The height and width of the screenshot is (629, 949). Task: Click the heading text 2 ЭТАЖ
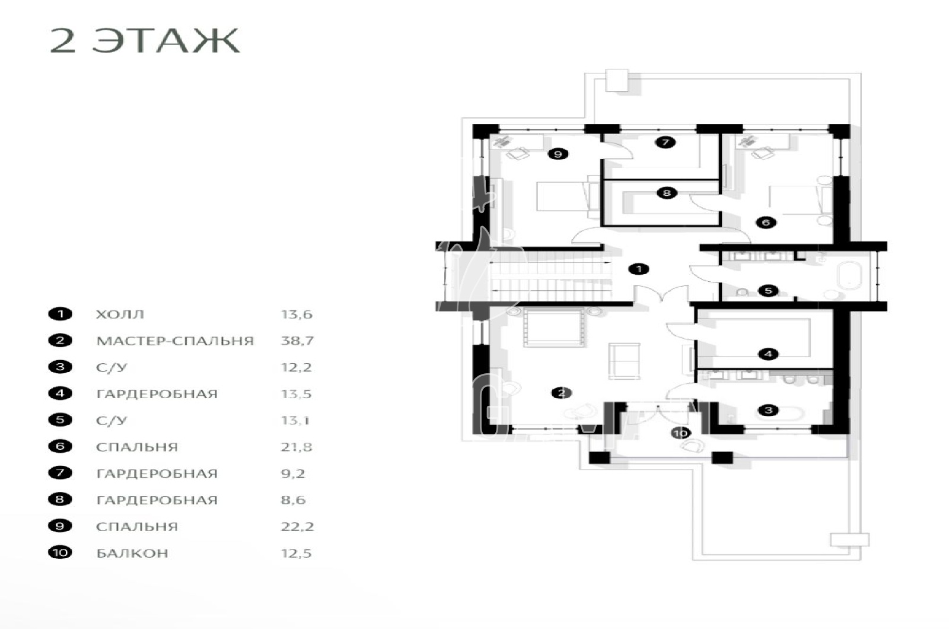click(x=145, y=41)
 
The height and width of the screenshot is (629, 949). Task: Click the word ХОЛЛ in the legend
click(x=120, y=314)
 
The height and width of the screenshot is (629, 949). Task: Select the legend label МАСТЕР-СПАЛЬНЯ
click(x=175, y=341)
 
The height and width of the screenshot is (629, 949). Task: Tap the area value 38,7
click(x=297, y=341)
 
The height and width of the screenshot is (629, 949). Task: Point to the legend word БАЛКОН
click(x=132, y=553)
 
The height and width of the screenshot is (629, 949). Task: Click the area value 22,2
click(x=297, y=526)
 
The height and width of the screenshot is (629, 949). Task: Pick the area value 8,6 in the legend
click(x=293, y=500)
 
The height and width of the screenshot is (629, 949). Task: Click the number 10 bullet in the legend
click(x=60, y=552)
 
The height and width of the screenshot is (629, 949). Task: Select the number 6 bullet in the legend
click(x=60, y=446)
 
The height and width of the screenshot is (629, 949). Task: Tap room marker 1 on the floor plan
click(x=639, y=269)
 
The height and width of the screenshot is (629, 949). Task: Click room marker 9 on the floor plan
click(x=558, y=154)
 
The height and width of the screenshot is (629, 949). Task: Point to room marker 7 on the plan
click(x=665, y=142)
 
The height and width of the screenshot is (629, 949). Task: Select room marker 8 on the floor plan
click(x=667, y=193)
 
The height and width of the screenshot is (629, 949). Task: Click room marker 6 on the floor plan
click(x=766, y=222)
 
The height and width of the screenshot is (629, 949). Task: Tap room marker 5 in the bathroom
click(x=768, y=291)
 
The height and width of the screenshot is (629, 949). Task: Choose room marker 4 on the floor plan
click(x=768, y=354)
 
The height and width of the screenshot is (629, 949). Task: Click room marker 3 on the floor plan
click(x=768, y=410)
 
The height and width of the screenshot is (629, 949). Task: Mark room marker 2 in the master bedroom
click(x=561, y=393)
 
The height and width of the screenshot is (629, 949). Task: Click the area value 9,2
click(x=293, y=474)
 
